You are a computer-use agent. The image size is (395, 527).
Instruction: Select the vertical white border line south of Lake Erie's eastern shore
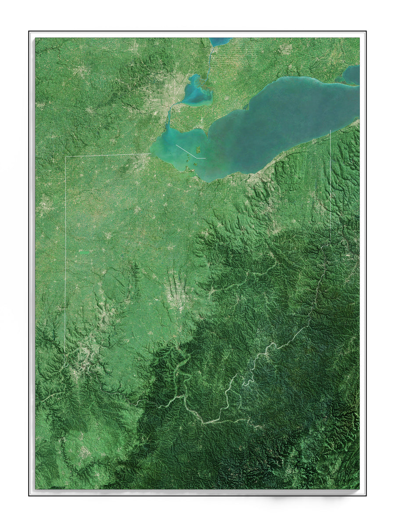(330, 184)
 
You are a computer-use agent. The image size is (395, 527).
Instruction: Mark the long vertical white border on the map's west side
(65, 255)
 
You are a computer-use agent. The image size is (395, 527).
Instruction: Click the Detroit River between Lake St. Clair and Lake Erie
(169, 116)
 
